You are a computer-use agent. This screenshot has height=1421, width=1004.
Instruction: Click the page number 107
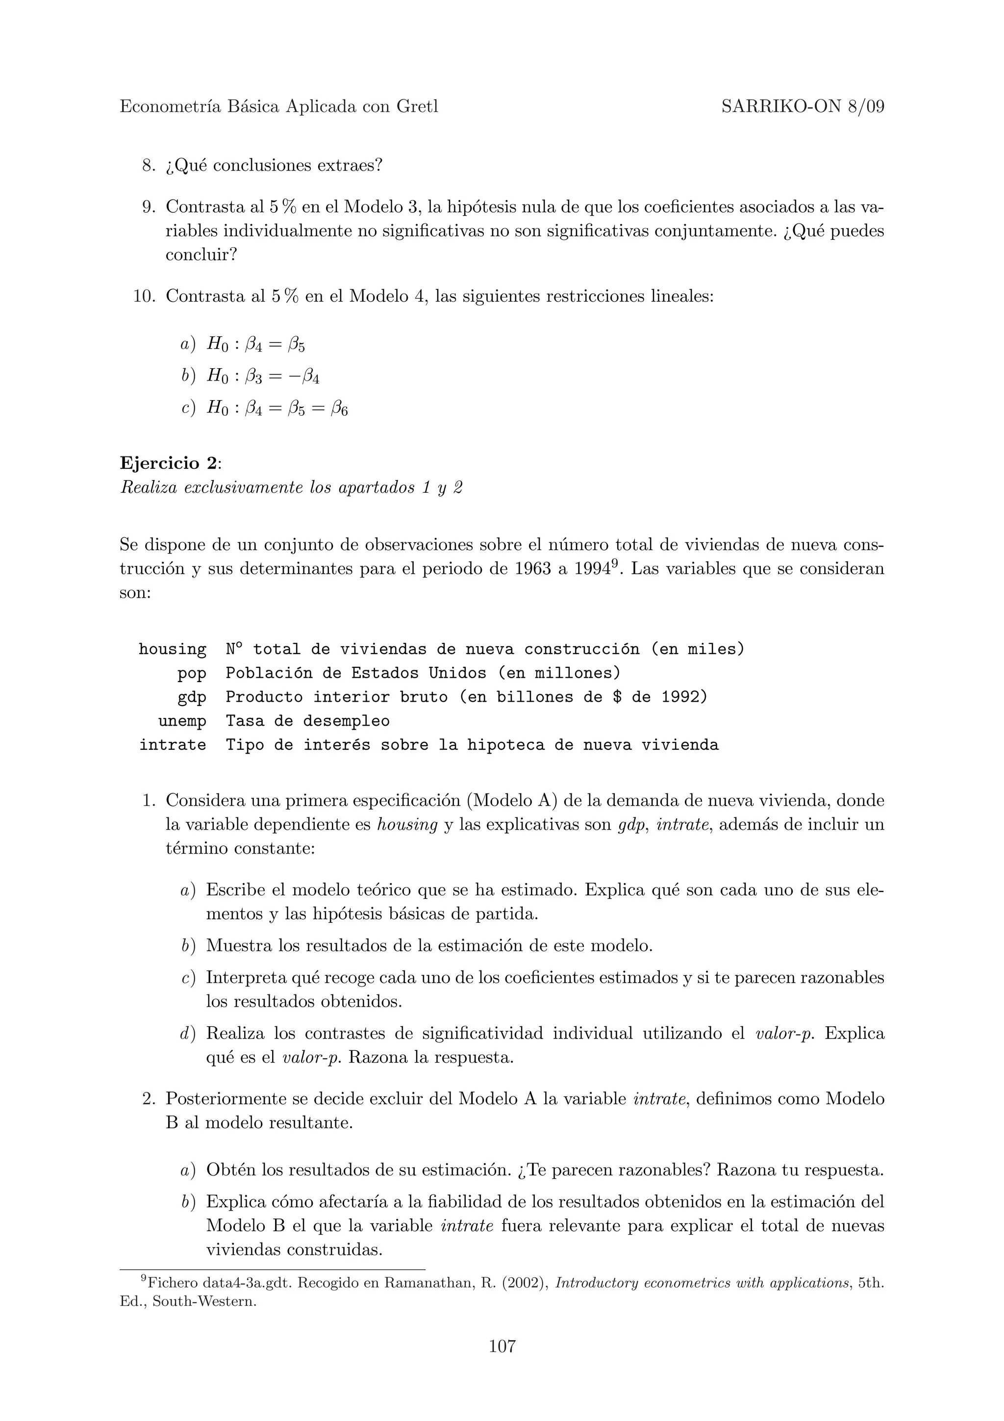click(502, 1345)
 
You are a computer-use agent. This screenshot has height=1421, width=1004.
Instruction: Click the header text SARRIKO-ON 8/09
click(803, 107)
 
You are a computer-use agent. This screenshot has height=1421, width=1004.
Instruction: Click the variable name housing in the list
click(173, 649)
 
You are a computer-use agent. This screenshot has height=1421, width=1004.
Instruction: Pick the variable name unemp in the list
click(182, 721)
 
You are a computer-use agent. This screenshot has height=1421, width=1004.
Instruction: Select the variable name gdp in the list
click(192, 697)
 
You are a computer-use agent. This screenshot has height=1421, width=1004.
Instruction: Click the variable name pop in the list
click(192, 673)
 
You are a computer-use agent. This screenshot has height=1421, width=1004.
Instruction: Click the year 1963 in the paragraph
click(532, 569)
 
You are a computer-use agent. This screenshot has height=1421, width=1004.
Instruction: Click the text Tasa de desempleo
click(307, 721)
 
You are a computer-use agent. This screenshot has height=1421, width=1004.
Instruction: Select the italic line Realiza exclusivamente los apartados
click(291, 488)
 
